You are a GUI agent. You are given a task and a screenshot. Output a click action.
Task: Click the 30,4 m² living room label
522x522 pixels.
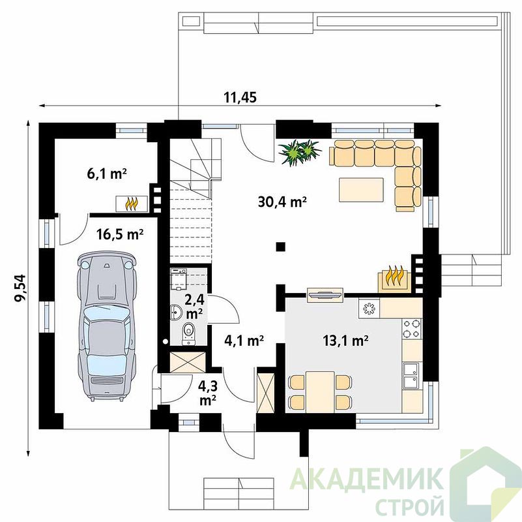282,202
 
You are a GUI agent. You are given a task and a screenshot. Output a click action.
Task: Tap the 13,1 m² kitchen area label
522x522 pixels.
345,341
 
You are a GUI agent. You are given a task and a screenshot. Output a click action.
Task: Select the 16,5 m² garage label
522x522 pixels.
120,234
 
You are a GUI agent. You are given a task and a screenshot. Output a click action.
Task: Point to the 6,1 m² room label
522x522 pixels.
107,174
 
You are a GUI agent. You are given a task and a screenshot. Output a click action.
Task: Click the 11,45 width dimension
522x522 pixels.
240,97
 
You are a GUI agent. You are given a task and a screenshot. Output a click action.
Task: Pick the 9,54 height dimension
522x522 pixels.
20,288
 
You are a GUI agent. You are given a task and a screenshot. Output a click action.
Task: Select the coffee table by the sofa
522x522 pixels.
361,190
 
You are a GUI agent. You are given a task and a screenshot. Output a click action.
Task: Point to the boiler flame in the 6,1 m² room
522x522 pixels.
132,204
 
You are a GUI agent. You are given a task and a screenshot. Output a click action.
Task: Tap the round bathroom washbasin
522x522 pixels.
176,312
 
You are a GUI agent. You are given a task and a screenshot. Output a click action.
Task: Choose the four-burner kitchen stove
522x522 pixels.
412,328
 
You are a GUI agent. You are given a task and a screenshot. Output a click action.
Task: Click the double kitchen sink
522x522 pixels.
412,376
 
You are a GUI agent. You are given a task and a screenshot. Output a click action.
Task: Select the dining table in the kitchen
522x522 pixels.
320,391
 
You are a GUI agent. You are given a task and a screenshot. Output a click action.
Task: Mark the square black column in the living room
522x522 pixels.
281,247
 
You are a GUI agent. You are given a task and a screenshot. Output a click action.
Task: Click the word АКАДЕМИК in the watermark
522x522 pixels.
367,478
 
